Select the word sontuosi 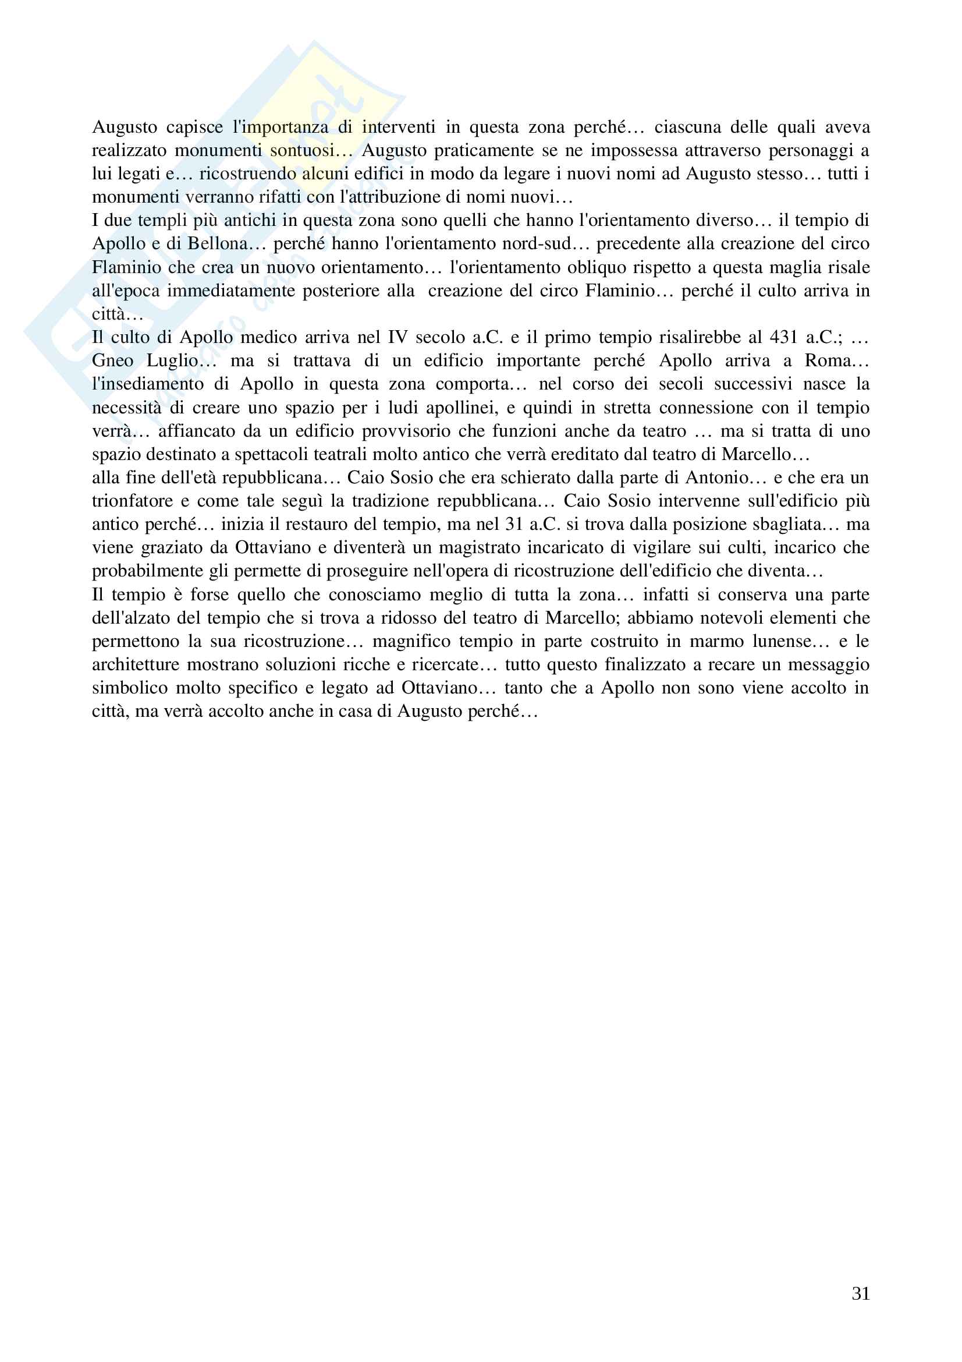click(301, 151)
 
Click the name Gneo click(113, 360)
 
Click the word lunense click(782, 641)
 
